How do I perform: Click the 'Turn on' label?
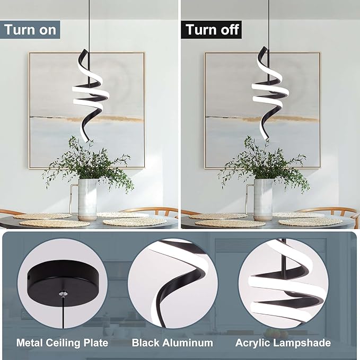30,30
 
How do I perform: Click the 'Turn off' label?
212,30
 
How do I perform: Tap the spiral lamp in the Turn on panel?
90,95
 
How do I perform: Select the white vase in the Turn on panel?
87,199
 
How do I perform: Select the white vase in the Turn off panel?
263,199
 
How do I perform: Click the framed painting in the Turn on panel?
87,110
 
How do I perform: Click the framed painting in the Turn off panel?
262,110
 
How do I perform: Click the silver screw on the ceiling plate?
63,293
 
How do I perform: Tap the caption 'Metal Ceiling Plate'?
62,343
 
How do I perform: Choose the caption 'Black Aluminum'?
172,343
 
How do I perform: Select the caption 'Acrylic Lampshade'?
283,343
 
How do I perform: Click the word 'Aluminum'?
188,343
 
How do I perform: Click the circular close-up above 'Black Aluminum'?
173,284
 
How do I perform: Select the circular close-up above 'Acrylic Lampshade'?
283,284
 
